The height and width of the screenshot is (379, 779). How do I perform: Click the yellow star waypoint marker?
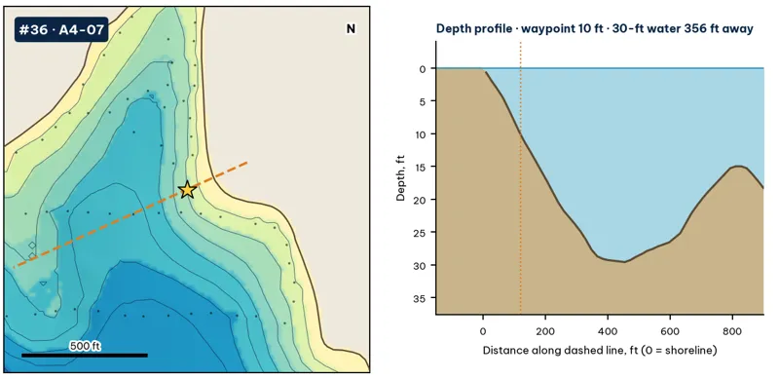point(187,189)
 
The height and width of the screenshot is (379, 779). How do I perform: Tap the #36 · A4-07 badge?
point(61,30)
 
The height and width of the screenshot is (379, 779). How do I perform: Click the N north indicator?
point(351,29)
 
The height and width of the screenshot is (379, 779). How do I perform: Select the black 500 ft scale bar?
point(85,355)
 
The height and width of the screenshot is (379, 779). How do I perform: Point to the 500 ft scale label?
point(85,346)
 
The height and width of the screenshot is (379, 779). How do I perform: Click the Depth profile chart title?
point(595,28)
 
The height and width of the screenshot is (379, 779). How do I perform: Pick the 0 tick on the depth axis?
point(422,68)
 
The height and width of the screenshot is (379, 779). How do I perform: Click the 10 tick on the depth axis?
point(420,134)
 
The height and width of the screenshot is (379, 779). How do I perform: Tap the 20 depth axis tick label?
point(420,200)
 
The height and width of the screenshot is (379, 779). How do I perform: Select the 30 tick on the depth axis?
point(420,265)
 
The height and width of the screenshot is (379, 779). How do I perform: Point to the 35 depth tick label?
point(420,298)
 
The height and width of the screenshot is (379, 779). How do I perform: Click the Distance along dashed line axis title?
point(600,351)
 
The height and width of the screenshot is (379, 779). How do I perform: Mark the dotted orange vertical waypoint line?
point(520,177)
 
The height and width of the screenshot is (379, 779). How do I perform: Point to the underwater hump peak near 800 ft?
point(739,167)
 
